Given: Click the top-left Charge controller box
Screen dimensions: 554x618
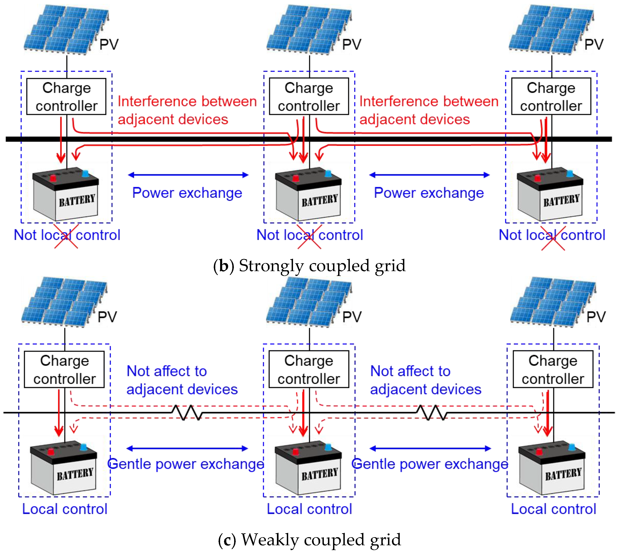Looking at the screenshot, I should [x=66, y=97].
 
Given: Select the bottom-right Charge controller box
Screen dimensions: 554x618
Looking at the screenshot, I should [x=553, y=369].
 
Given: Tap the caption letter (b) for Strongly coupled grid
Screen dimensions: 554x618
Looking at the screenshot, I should [x=224, y=266].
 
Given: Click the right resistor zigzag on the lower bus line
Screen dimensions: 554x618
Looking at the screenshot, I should [x=431, y=413].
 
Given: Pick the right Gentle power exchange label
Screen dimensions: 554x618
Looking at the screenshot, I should [x=430, y=464].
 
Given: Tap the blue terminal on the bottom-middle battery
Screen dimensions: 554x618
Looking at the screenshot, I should [x=328, y=447].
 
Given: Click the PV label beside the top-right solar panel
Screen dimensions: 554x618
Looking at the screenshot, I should [x=593, y=45].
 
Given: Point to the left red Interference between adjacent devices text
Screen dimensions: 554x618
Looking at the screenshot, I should [x=187, y=110].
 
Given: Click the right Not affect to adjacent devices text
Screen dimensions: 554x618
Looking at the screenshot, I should [x=425, y=380].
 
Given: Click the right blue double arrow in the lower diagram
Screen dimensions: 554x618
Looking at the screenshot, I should [x=430, y=448].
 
